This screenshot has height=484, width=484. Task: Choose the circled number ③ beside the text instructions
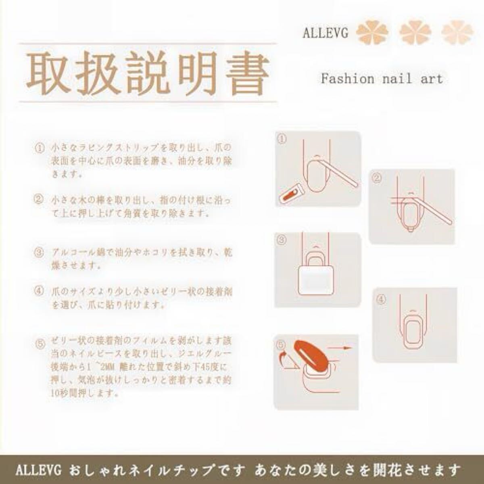coord(39,253)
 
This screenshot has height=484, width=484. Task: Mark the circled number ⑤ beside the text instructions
coord(40,344)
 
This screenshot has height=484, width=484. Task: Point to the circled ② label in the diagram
coord(377,177)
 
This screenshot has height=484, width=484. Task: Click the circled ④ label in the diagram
coord(382,300)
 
